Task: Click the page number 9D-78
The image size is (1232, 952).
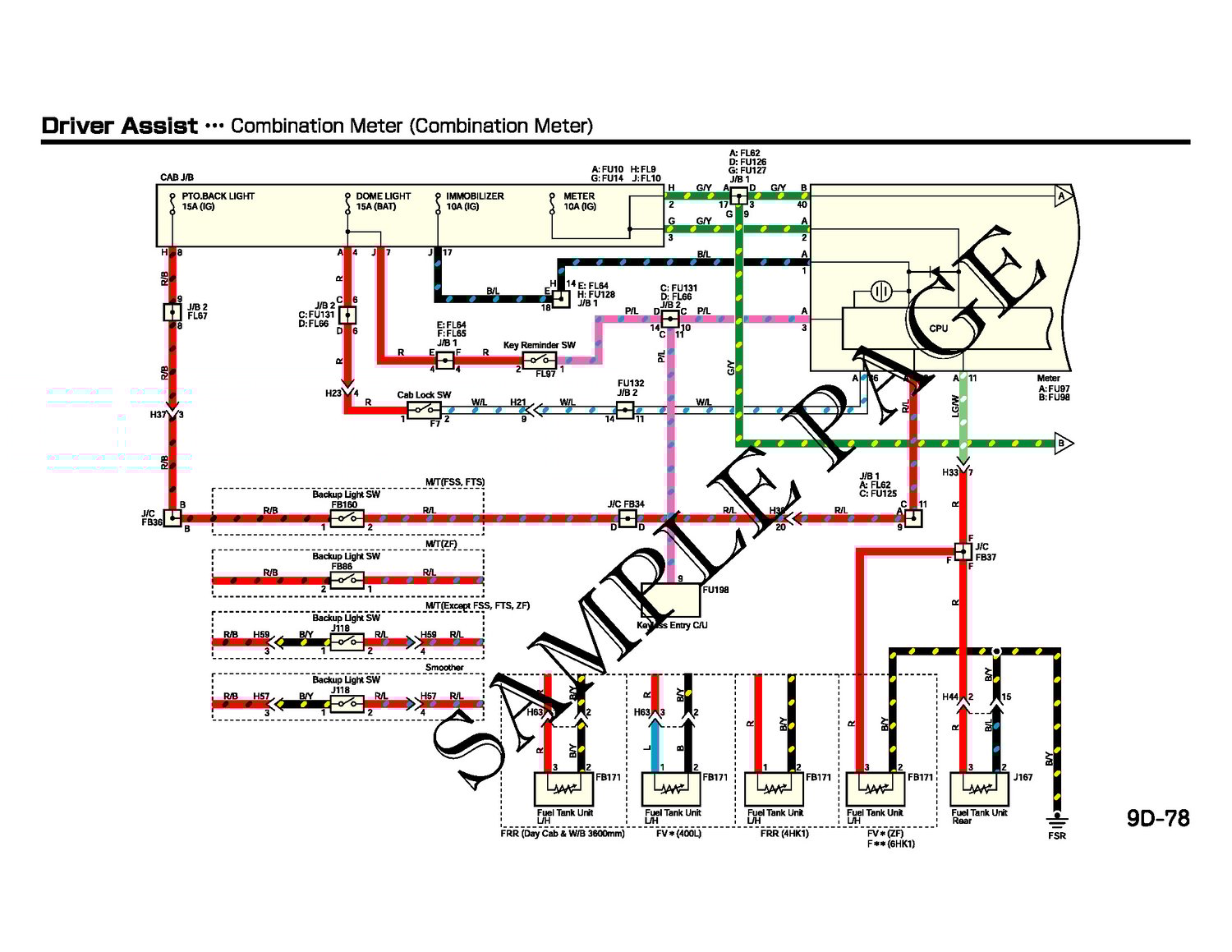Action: tap(1157, 819)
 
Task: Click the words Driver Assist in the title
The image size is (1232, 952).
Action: tap(120, 126)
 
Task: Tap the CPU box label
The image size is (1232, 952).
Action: tap(938, 329)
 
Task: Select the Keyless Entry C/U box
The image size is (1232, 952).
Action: tap(671, 600)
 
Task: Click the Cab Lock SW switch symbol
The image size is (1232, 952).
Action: tap(424, 408)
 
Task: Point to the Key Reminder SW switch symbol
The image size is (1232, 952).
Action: tap(540, 360)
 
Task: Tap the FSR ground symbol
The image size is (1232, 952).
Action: tap(1056, 821)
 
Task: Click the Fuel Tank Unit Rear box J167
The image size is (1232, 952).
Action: tap(979, 789)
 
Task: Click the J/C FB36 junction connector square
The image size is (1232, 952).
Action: tap(172, 518)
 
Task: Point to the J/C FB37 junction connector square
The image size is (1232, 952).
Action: tap(963, 551)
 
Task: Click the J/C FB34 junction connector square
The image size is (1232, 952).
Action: tap(627, 518)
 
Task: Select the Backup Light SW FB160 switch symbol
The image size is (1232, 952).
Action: tap(347, 518)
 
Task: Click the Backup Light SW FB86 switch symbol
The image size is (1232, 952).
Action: tap(347, 581)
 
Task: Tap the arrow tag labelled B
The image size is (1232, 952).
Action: tap(1062, 444)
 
